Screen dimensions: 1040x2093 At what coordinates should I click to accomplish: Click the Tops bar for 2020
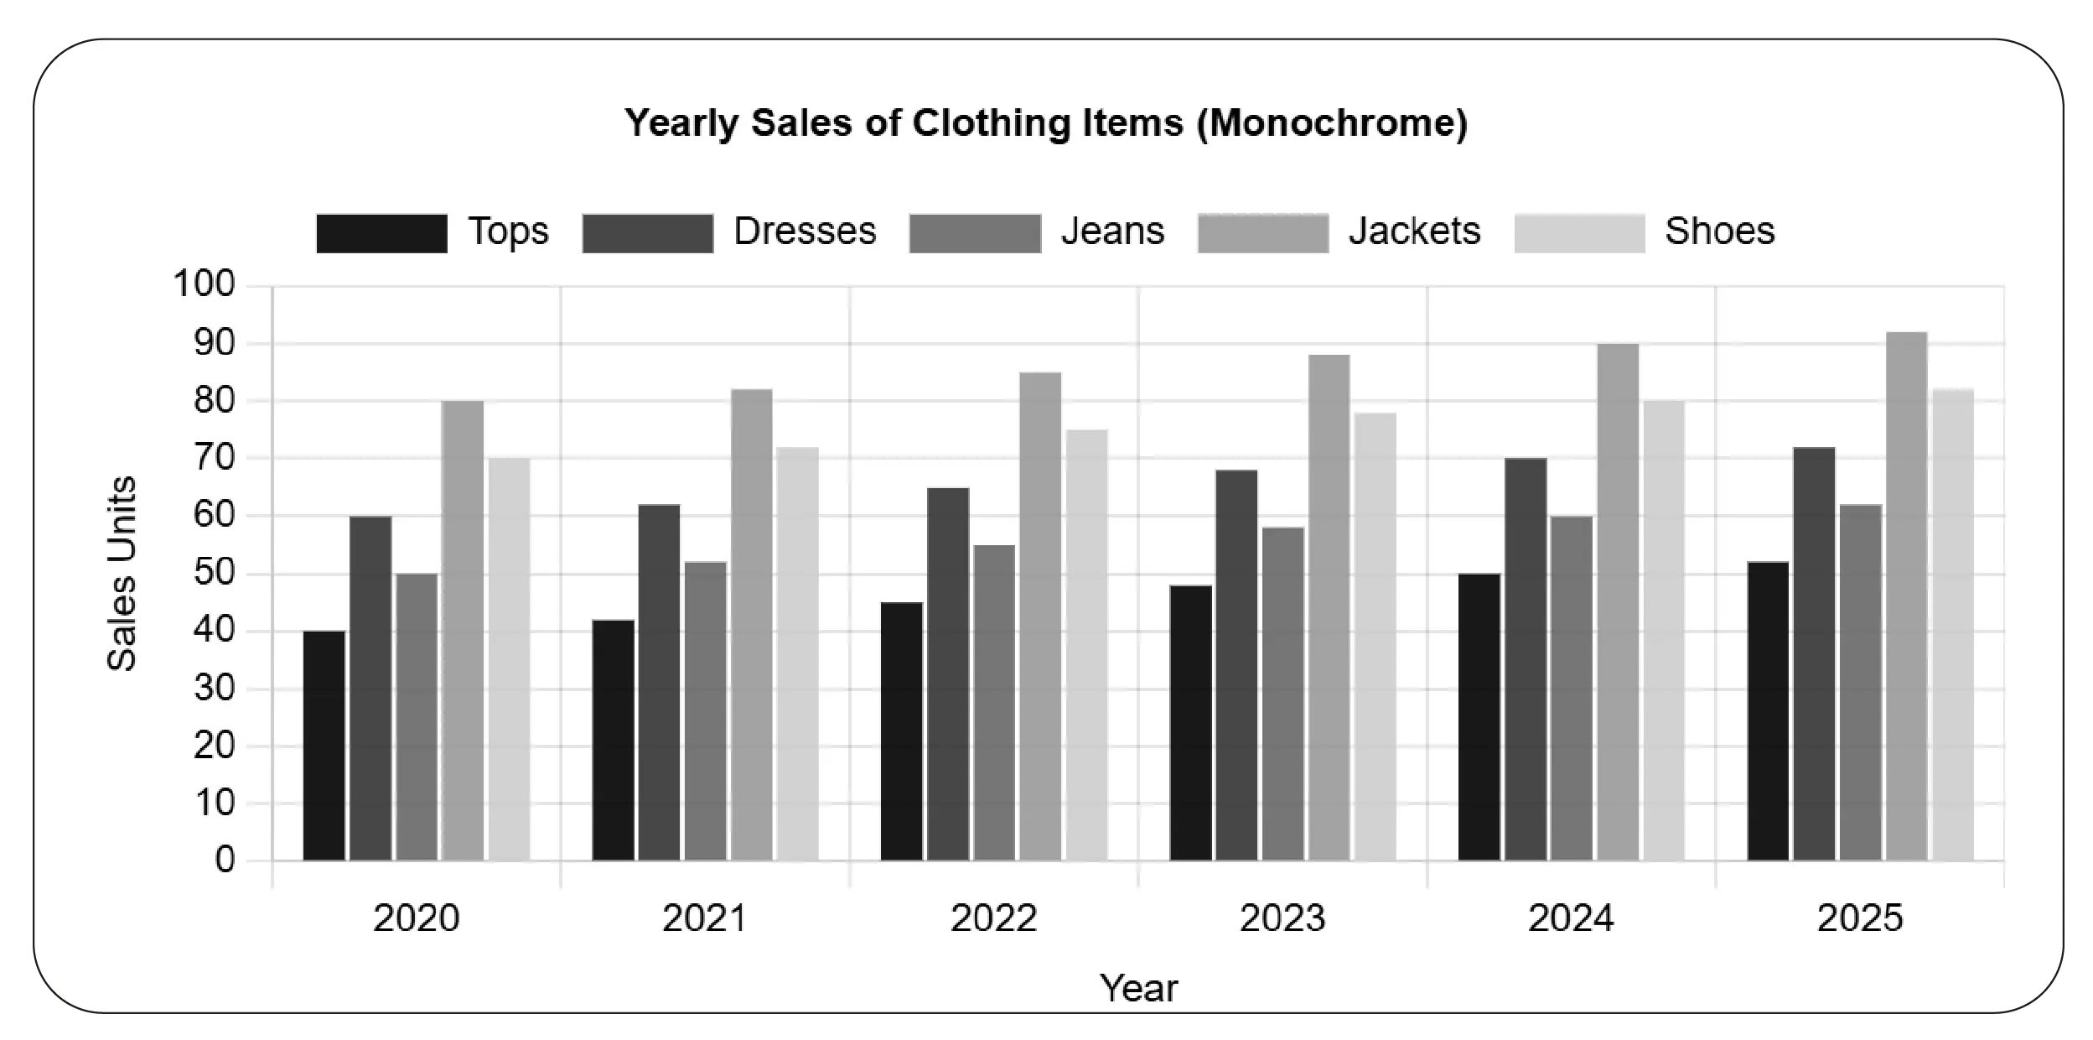click(324, 746)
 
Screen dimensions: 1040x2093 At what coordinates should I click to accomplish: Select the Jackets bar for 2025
click(1906, 596)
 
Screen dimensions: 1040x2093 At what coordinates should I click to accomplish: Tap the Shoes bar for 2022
click(1086, 645)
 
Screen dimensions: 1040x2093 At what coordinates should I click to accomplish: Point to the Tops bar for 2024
click(1479, 717)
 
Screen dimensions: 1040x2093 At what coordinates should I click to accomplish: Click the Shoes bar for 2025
click(1953, 625)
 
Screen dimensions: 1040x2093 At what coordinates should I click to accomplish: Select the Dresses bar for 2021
click(659, 683)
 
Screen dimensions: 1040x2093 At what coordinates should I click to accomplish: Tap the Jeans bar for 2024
click(1572, 689)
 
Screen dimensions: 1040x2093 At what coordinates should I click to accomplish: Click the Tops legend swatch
click(381, 233)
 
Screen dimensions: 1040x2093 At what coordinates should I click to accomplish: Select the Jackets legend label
click(1414, 231)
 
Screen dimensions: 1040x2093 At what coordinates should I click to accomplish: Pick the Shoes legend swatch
click(1579, 233)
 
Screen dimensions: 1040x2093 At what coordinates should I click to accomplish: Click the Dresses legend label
click(805, 231)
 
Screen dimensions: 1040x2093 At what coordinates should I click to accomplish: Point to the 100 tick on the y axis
click(205, 284)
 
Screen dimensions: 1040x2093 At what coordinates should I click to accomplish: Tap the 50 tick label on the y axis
click(214, 574)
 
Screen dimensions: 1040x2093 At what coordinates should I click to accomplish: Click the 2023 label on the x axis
click(1282, 918)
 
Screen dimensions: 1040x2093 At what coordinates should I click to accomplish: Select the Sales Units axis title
click(122, 574)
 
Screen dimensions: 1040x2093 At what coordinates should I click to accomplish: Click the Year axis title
click(1138, 989)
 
